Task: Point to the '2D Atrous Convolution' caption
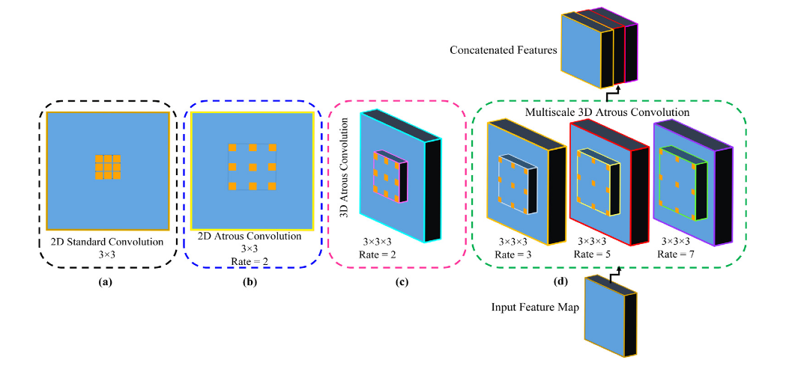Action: pyautogui.click(x=250, y=237)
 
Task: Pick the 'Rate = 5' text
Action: pyautogui.click(x=594, y=254)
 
